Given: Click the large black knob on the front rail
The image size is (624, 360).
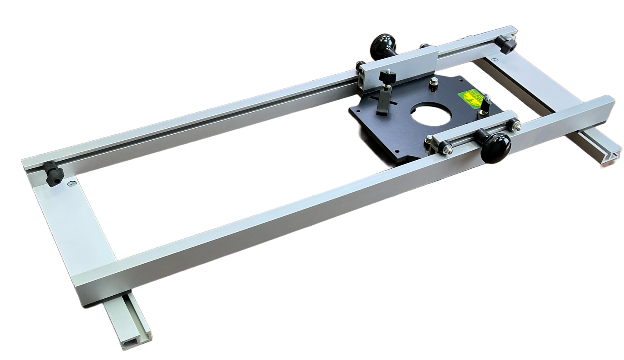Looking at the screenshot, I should [x=495, y=148].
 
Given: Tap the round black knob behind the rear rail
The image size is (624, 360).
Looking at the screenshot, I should [x=380, y=45].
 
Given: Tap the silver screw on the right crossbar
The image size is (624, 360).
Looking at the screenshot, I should [x=494, y=60].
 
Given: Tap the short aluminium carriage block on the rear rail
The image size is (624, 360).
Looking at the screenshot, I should [x=398, y=67].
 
